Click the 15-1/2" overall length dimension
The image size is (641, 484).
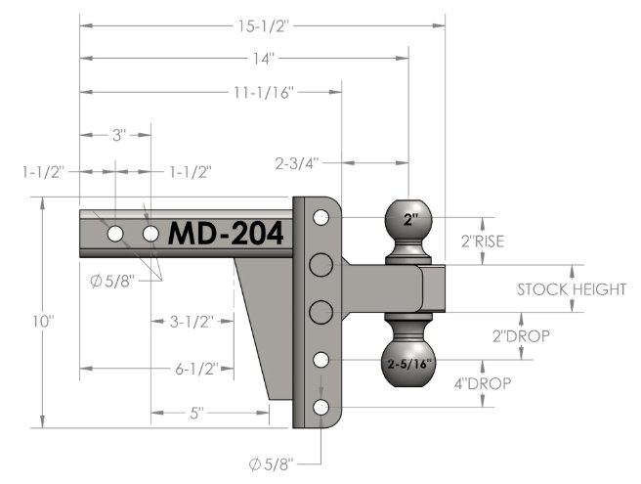[x=263, y=26]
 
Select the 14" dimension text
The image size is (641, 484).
[x=263, y=59]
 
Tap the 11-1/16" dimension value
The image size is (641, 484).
[x=264, y=93]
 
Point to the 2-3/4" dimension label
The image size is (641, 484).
[x=297, y=163]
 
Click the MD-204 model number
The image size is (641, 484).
[x=226, y=234]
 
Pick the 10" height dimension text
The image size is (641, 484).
[x=43, y=321]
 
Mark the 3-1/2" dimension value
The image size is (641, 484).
[x=192, y=322]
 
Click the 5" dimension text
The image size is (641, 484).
[x=196, y=414]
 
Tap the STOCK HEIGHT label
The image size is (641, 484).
[x=572, y=289]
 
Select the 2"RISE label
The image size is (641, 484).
[x=483, y=242]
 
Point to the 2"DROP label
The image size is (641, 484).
[x=521, y=336]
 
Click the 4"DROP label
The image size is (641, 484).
[x=483, y=383]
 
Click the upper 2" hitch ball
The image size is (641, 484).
[x=408, y=221]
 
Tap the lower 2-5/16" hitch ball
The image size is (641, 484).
[x=408, y=364]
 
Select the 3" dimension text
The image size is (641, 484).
[x=118, y=135]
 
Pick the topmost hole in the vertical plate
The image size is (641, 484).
[x=320, y=217]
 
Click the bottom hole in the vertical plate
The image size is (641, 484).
[x=320, y=408]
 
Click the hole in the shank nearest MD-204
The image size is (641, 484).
[x=150, y=234]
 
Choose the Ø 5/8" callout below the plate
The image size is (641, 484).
[x=272, y=464]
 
